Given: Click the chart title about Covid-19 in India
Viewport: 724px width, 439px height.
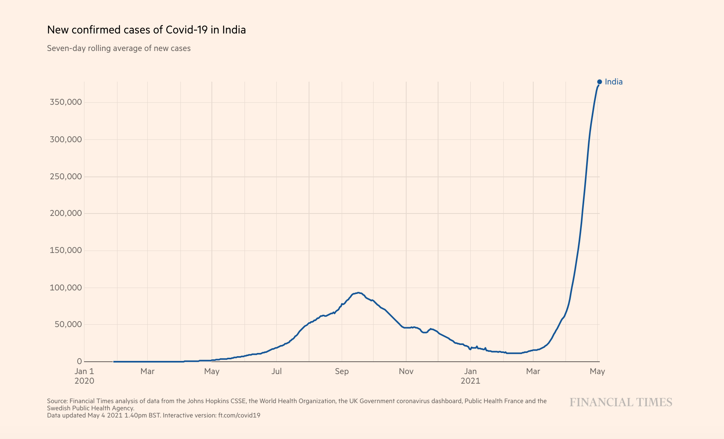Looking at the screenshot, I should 146,30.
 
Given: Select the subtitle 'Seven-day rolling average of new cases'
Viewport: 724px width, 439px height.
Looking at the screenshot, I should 119,48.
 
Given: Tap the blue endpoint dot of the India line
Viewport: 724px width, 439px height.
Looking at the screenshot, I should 599,82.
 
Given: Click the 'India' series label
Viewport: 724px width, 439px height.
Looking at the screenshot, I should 613,82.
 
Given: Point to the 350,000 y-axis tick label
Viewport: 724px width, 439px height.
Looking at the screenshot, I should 66,102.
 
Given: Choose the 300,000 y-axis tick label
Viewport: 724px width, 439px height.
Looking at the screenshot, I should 66,139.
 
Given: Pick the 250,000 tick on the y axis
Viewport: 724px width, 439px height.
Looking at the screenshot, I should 66,176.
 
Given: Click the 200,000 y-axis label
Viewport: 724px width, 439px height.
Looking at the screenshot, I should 66,214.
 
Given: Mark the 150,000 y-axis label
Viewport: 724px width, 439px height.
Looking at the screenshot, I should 66,251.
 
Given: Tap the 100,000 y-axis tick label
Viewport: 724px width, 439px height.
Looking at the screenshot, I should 66,288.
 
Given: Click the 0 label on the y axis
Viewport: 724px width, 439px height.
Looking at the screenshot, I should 80,361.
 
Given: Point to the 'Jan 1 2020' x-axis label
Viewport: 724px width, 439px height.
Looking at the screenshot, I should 84,376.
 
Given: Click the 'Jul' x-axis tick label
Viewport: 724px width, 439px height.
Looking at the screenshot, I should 276,371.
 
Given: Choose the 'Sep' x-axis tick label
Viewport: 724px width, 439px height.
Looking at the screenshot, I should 341,371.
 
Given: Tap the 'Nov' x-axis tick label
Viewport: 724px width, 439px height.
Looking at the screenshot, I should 406,371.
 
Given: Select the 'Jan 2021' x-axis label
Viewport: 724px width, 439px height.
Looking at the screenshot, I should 470,376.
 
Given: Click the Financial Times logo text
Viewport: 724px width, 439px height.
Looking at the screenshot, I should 620,402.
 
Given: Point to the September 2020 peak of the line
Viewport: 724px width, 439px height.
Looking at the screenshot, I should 358,293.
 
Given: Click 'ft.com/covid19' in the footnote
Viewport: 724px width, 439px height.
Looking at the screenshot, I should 239,415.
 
